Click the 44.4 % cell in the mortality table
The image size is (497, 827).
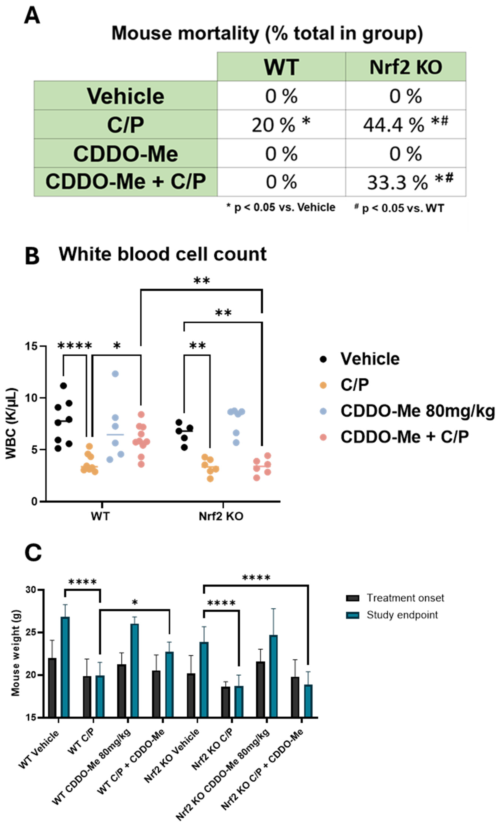405,125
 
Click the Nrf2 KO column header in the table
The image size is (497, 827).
405,67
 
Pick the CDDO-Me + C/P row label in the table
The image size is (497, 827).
126,182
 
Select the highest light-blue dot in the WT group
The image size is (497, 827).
115,374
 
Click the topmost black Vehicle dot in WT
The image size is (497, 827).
63,386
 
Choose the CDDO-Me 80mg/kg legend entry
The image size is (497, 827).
417,411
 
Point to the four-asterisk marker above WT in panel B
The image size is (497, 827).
75,346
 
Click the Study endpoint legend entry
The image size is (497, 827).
402,615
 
